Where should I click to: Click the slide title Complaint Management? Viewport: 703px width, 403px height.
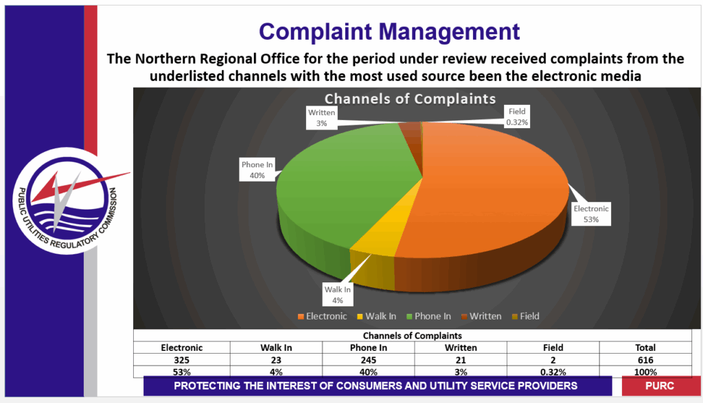[x=389, y=31]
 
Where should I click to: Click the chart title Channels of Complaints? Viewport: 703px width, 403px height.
[x=410, y=99]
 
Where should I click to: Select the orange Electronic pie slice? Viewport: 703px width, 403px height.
[x=481, y=199]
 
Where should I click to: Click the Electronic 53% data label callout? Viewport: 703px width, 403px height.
[x=591, y=214]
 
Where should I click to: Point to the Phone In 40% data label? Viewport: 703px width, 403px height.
[x=253, y=170]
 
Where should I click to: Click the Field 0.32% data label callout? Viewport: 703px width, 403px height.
[x=517, y=117]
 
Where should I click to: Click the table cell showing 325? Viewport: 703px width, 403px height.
[x=181, y=360]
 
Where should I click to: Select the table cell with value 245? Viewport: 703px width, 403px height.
[x=368, y=360]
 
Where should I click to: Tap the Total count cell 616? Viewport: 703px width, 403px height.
[x=645, y=360]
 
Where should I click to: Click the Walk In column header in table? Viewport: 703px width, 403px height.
[x=275, y=347]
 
